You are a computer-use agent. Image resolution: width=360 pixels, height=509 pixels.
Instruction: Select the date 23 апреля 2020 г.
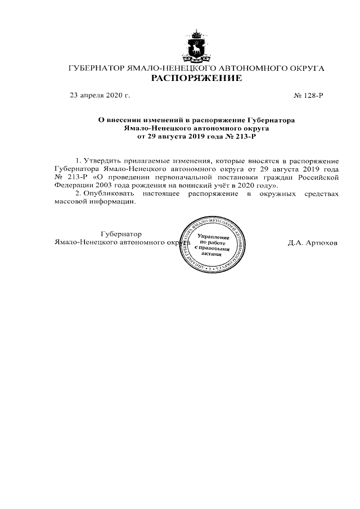[x=99, y=96]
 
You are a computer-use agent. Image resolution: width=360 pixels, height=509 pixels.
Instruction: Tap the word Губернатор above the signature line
[x=120, y=233]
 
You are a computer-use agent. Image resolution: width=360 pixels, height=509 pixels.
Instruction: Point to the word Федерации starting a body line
[x=71, y=184]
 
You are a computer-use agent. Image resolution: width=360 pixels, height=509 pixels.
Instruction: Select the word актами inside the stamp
[x=212, y=254]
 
